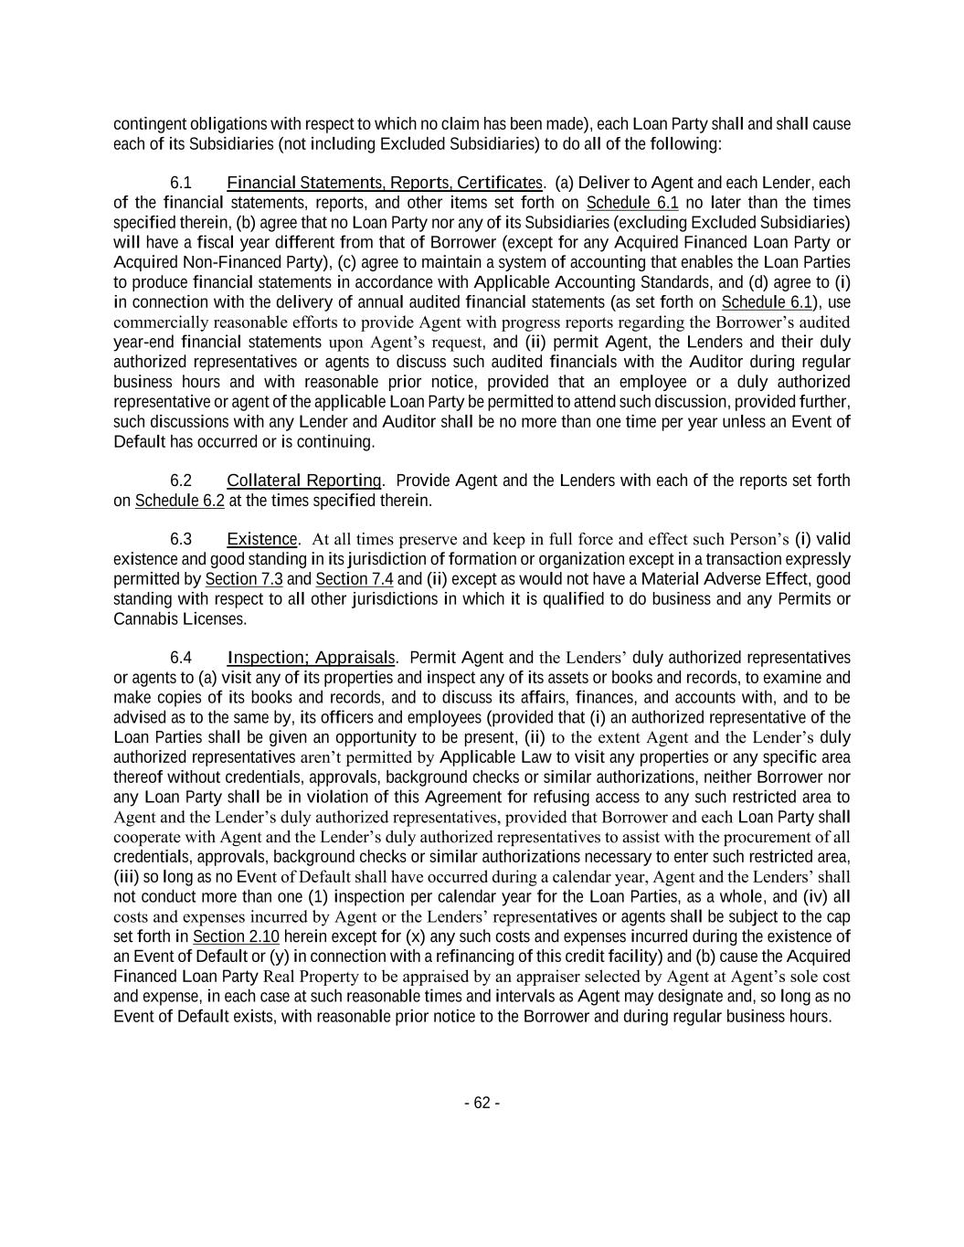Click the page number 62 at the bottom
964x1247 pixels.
482,1103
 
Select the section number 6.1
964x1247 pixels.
181,183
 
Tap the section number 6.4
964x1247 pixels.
181,658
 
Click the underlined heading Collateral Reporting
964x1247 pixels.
304,481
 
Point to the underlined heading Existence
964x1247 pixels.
262,539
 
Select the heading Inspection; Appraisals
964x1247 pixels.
311,658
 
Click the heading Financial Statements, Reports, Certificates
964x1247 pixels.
384,183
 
